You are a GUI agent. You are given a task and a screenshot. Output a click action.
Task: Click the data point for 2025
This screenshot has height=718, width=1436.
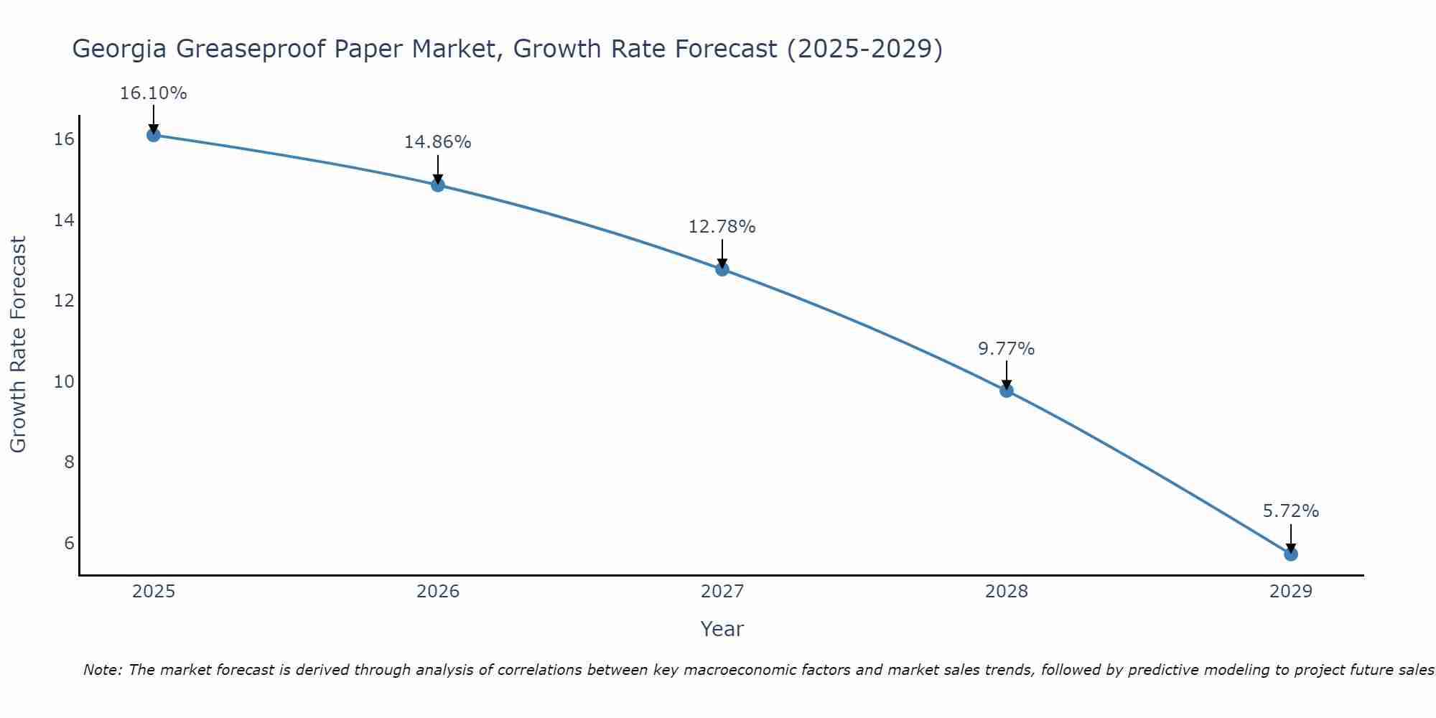pyautogui.click(x=153, y=135)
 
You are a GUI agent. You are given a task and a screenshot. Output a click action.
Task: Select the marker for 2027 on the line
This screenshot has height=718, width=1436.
pyautogui.click(x=722, y=269)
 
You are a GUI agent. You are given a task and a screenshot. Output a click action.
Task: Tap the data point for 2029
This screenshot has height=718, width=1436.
pyautogui.click(x=1290, y=554)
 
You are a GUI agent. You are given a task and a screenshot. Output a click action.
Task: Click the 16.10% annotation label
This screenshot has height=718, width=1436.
pyautogui.click(x=153, y=93)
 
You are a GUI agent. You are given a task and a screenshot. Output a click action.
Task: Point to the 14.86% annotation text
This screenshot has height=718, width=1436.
pyautogui.click(x=437, y=142)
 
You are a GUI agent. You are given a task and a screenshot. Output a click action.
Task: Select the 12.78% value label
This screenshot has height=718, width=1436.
pyautogui.click(x=722, y=227)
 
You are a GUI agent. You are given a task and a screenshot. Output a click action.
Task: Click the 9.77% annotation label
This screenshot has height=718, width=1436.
pyautogui.click(x=1006, y=349)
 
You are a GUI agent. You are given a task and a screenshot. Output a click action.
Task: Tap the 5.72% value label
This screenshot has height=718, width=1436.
pyautogui.click(x=1290, y=511)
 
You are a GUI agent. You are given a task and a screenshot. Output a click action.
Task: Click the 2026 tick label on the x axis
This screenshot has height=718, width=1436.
pyautogui.click(x=438, y=592)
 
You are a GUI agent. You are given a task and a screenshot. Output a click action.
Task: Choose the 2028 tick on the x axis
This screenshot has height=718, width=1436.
pyautogui.click(x=1006, y=592)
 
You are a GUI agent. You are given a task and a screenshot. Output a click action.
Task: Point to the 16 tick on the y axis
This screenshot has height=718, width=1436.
pyautogui.click(x=64, y=139)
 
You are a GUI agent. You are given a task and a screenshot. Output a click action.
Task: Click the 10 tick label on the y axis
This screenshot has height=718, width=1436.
pyautogui.click(x=64, y=381)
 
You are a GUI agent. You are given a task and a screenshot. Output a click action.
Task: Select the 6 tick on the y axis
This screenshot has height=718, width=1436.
pyautogui.click(x=69, y=543)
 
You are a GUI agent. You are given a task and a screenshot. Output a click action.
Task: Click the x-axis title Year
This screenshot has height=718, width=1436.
pyautogui.click(x=722, y=629)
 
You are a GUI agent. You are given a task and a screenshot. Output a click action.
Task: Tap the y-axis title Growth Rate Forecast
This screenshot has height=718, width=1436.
pyautogui.click(x=18, y=345)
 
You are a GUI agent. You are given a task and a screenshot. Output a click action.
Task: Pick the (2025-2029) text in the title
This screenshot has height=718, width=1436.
pyautogui.click(x=864, y=49)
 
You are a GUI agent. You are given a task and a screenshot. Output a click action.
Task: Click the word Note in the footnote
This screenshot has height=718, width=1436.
pyautogui.click(x=102, y=670)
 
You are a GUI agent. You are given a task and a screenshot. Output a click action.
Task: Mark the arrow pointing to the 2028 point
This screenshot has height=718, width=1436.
pyautogui.click(x=1006, y=375)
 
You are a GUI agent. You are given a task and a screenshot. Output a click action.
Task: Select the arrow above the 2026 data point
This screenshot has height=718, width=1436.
pyautogui.click(x=437, y=169)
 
